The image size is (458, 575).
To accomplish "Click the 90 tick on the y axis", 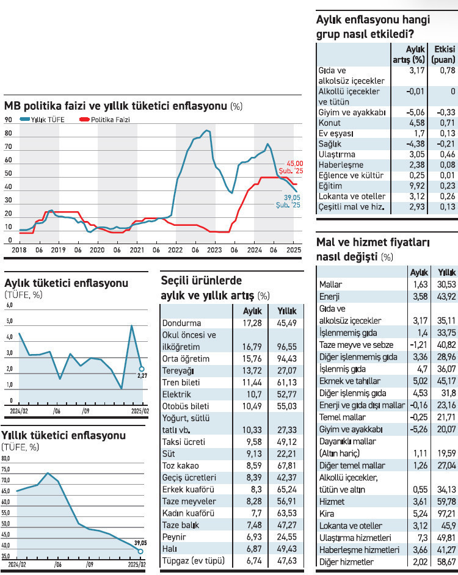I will (x=9, y=120).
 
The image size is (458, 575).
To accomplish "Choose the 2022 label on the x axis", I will (x=175, y=250).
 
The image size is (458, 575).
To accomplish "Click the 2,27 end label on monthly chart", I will (x=143, y=377).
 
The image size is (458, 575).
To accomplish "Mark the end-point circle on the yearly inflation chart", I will (x=142, y=551).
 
